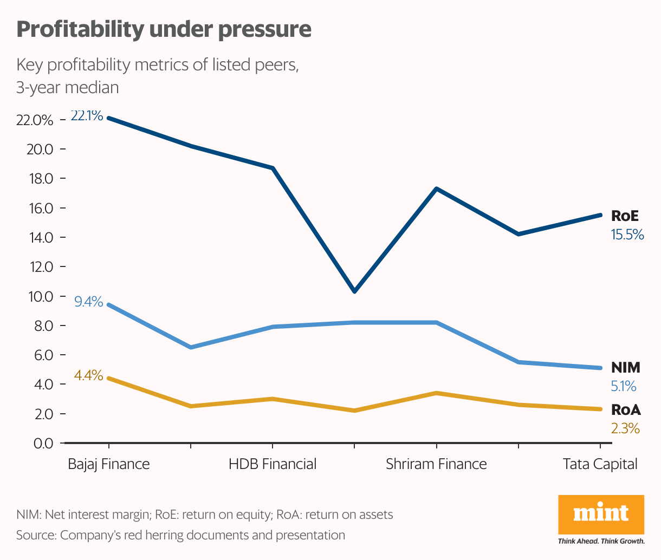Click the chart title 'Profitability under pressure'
coord(164,29)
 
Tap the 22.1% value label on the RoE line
coord(87,115)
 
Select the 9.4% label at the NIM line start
coord(89,302)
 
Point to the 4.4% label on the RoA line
coord(89,375)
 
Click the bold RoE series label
coord(625,216)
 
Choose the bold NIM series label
coord(625,368)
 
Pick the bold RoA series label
coord(626,410)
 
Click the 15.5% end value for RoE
coord(627,235)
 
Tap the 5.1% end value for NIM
coord(624,387)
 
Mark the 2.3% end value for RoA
coord(625,429)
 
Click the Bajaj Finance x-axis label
coord(109,464)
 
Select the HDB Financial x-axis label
coord(273,464)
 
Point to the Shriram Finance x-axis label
coord(436,464)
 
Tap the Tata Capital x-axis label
coord(600,464)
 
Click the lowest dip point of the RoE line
coord(354,291)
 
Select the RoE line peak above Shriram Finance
coord(436,188)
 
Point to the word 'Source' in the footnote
coord(36,535)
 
